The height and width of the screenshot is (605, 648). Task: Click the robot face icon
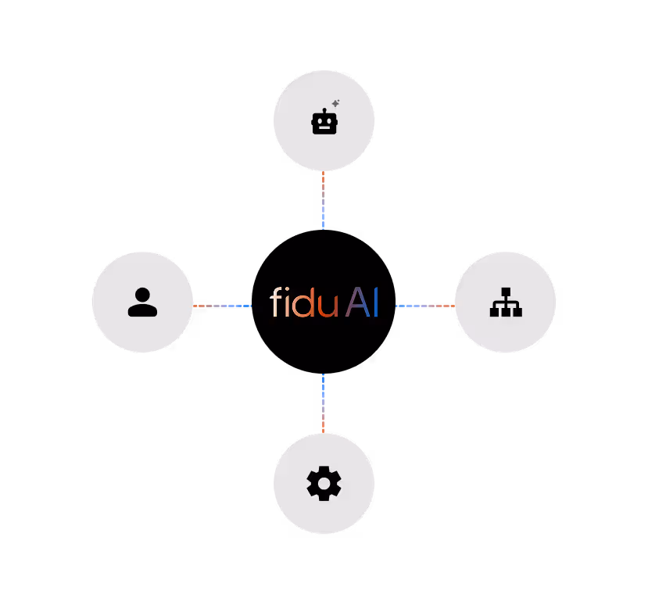pos(324,124)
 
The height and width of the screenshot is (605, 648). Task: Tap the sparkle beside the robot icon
pos(335,103)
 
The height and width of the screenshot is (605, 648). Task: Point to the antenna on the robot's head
pos(324,110)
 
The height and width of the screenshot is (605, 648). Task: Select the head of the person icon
pos(142,295)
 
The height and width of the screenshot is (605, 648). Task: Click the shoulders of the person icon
pos(142,310)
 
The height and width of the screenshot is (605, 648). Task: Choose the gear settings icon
pos(324,484)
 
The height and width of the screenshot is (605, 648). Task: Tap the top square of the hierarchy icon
pos(506,292)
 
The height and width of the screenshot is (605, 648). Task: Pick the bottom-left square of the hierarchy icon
pos(494,312)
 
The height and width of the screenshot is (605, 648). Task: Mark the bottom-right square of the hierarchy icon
pos(517,312)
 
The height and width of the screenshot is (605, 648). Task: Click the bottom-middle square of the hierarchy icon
pos(506,312)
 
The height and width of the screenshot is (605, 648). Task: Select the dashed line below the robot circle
pos(323,200)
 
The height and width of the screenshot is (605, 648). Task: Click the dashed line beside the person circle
pos(222,306)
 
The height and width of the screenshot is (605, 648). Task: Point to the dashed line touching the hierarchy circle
pos(425,306)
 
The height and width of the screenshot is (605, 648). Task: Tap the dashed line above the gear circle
pos(323,403)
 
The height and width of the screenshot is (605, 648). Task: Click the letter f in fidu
pos(275,302)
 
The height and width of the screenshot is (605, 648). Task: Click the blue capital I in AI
pos(376,302)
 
